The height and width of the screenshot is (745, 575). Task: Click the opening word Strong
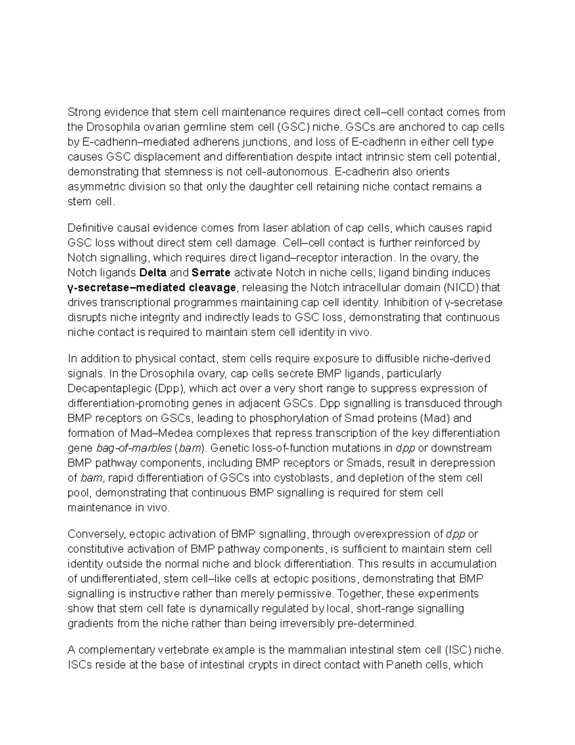84,112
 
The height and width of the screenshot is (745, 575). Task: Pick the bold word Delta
152,272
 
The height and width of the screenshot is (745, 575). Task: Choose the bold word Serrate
211,272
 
